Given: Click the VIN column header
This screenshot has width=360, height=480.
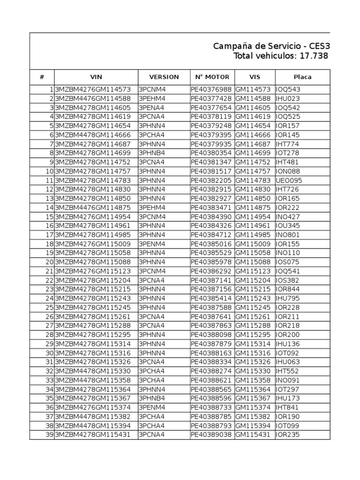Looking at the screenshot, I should click(x=96, y=77).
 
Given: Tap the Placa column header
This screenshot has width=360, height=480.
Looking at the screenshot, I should click(x=302, y=77).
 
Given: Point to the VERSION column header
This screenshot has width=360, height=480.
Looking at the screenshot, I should click(x=164, y=77).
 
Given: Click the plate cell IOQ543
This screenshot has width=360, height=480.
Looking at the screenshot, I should click(x=288, y=90).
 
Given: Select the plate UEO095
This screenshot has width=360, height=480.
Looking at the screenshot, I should click(x=289, y=180).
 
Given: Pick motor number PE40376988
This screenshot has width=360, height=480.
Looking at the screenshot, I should click(x=211, y=90).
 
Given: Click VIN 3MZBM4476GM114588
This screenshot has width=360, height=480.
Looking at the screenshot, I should click(x=93, y=98).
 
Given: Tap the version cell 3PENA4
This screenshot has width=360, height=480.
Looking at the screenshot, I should click(x=151, y=108).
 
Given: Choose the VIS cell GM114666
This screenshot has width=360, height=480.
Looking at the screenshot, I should click(x=253, y=135).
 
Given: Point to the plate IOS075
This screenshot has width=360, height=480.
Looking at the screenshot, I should click(x=288, y=262).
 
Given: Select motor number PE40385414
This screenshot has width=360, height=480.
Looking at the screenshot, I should click(x=211, y=299).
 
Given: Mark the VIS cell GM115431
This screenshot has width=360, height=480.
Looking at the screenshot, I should click(x=253, y=435).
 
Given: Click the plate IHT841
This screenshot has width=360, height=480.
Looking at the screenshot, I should click(x=288, y=408).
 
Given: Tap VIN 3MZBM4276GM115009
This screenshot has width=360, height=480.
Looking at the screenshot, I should click(x=93, y=244).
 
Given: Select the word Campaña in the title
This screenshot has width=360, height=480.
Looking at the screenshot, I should click(x=230, y=46).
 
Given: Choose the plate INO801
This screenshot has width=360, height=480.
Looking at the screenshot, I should click(x=288, y=235).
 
